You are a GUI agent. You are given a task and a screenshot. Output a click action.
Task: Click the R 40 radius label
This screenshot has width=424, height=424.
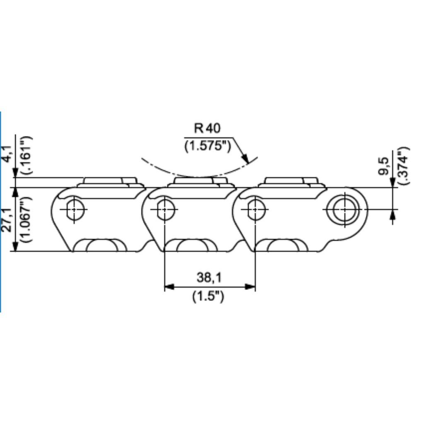click(x=207, y=128)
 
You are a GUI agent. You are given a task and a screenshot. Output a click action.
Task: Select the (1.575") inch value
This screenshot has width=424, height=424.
click(x=208, y=146)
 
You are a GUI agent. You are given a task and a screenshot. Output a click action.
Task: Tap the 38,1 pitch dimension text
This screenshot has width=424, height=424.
click(x=209, y=277)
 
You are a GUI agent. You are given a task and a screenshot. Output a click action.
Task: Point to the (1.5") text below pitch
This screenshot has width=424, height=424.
click(x=208, y=296)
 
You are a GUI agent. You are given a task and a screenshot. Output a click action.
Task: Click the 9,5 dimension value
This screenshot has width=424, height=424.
click(x=384, y=166)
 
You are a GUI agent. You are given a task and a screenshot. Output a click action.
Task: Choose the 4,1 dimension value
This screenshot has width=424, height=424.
click(x=7, y=154)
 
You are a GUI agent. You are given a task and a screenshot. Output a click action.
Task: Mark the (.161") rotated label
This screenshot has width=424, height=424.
click(x=27, y=155)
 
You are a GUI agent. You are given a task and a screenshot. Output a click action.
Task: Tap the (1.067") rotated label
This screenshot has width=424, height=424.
click(x=27, y=219)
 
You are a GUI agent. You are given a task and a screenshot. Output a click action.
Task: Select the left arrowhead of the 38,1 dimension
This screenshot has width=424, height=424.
click(x=169, y=287)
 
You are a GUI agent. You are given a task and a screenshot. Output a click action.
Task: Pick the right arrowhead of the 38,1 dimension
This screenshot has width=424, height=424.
click(x=250, y=287)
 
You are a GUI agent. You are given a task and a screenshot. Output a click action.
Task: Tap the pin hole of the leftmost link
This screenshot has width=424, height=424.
click(x=75, y=210)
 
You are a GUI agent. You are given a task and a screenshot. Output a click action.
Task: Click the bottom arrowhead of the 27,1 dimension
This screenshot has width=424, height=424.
click(x=15, y=246)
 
